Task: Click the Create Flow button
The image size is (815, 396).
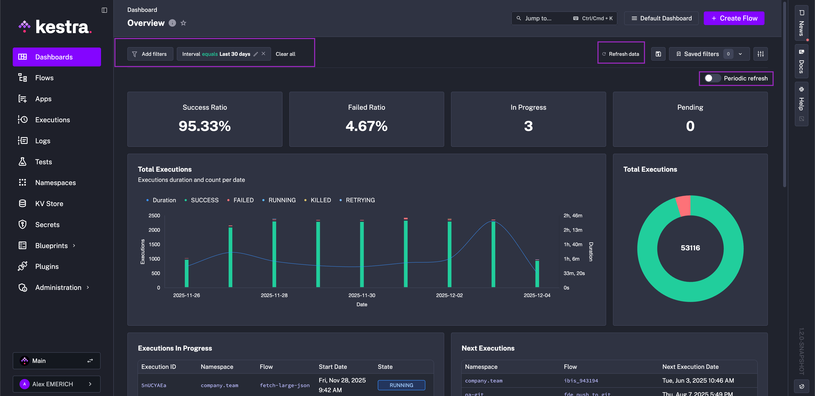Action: coord(734,18)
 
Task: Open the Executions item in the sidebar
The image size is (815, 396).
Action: coord(52,120)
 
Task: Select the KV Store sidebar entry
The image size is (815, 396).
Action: coord(49,204)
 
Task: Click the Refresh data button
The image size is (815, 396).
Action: coord(621,54)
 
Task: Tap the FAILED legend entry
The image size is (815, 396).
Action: coord(243,200)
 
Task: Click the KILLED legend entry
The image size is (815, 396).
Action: coord(320,200)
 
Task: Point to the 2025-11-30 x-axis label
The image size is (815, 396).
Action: coord(362,295)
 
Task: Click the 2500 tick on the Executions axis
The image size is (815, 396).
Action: coord(154,215)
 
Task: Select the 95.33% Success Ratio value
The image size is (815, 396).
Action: coord(204,126)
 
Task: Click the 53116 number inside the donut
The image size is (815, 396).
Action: coord(690,248)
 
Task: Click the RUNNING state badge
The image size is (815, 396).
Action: coord(401,385)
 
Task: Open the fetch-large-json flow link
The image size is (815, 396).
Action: coord(284,385)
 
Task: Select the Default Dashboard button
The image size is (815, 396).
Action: coord(661,18)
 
